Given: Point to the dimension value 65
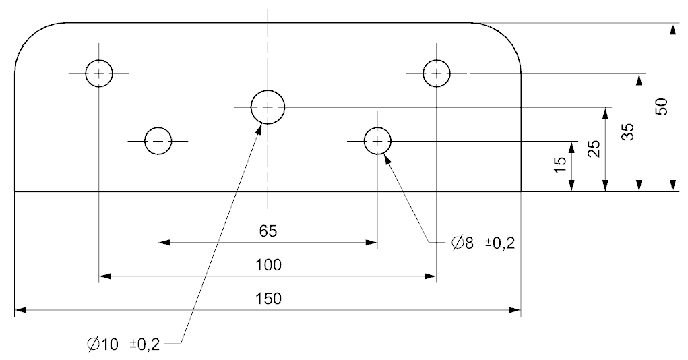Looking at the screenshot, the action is (268, 231).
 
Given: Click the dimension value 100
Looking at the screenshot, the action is (268, 265).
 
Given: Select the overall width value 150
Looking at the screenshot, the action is (268, 299).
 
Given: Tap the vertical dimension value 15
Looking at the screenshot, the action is (561, 164).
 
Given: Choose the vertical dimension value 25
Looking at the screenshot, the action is (594, 149).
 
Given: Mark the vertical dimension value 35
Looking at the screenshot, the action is (628, 131).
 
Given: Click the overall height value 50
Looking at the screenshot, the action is (661, 107).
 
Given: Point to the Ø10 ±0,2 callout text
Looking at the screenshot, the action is (123, 344).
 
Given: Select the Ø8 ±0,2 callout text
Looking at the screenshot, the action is (483, 243).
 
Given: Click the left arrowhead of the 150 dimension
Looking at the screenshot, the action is (21, 310).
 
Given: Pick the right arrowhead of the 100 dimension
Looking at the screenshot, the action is (431, 276).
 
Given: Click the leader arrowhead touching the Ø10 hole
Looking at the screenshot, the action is (259, 129).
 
